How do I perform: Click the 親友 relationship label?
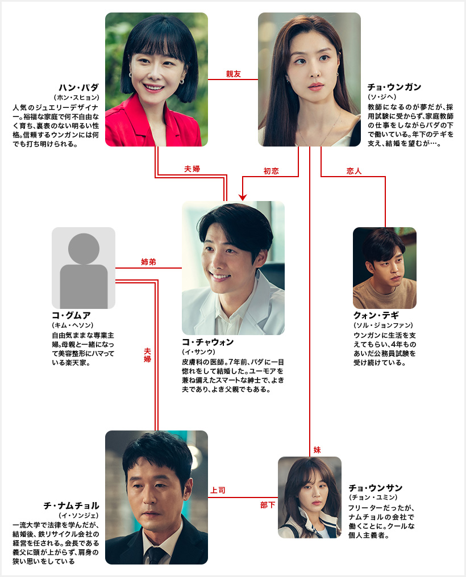[x=233, y=74]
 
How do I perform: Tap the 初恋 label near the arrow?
[x=271, y=170]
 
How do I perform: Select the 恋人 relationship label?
[x=354, y=170]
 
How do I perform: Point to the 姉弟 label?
[x=148, y=262]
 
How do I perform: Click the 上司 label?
[x=218, y=490]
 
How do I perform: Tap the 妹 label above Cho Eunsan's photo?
[x=317, y=449]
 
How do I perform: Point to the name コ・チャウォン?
[x=208, y=342]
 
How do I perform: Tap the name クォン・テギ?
[x=377, y=316]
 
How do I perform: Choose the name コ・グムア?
[x=71, y=316]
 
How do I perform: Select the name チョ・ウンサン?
[x=376, y=488]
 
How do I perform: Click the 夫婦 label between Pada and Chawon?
[x=192, y=169]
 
